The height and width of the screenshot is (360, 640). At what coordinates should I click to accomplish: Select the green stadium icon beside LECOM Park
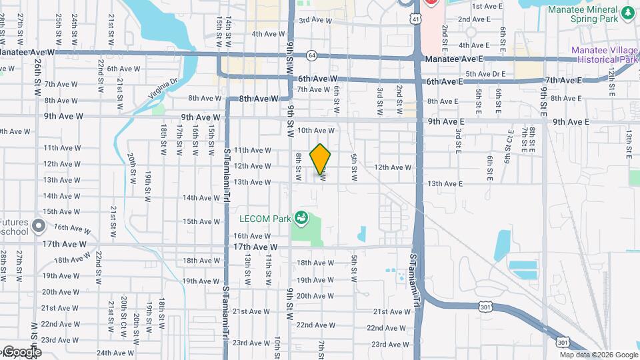coord(302,217)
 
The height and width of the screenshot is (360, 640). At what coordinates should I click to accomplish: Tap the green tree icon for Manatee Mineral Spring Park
coord(627,13)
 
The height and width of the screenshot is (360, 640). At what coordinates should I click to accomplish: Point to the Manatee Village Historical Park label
coord(605,55)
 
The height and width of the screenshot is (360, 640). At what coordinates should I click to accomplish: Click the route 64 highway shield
coord(311,55)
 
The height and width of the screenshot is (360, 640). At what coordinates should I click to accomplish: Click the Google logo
coord(21,352)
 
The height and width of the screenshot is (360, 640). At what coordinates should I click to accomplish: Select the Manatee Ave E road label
coord(453,59)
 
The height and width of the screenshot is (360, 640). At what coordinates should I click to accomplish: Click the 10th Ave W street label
coord(315,131)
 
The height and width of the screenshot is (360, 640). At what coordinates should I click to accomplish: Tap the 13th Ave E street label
coord(445,183)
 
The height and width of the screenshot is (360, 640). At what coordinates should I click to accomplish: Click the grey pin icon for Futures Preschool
coord(39,227)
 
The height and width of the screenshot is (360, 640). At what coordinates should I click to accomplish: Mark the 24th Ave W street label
coord(115,353)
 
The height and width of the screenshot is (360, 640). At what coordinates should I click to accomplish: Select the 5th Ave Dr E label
coord(485,74)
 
